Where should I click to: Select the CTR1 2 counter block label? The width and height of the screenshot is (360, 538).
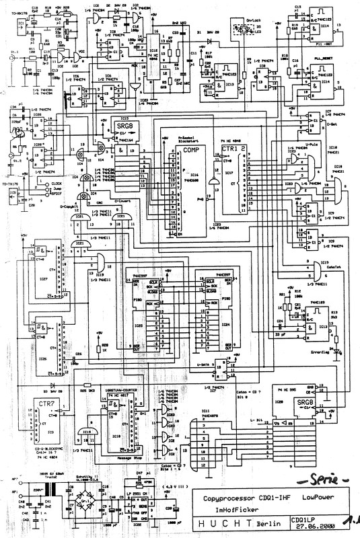point(233,147)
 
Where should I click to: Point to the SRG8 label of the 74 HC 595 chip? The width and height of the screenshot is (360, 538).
point(307,402)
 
